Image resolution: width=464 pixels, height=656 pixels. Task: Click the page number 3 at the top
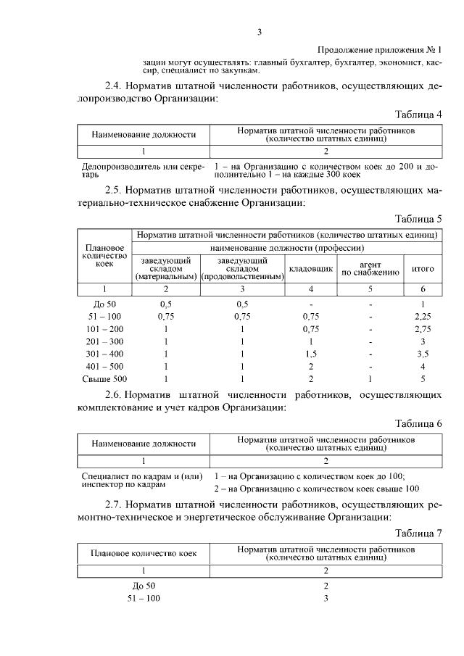click(x=259, y=31)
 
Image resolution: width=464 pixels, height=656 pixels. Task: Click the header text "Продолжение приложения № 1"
click(x=380, y=50)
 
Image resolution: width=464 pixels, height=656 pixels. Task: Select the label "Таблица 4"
click(x=418, y=115)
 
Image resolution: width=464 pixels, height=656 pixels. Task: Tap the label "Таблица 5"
click(x=418, y=219)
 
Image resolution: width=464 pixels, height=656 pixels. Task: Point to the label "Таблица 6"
click(x=418, y=423)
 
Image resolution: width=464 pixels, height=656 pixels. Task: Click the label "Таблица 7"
click(x=418, y=533)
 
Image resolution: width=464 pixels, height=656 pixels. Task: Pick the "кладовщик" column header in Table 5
click(x=311, y=269)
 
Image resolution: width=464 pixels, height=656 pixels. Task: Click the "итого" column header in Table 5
click(x=423, y=269)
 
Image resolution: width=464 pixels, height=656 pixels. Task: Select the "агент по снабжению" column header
click(x=370, y=268)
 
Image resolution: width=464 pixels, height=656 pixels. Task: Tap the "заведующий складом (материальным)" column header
click(x=166, y=268)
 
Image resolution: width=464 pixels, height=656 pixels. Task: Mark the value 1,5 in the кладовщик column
click(x=311, y=353)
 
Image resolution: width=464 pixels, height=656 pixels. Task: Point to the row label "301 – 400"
click(x=105, y=353)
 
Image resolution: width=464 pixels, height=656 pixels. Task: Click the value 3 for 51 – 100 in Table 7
click(x=326, y=598)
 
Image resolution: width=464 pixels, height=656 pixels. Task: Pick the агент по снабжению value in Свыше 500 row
click(x=370, y=378)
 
